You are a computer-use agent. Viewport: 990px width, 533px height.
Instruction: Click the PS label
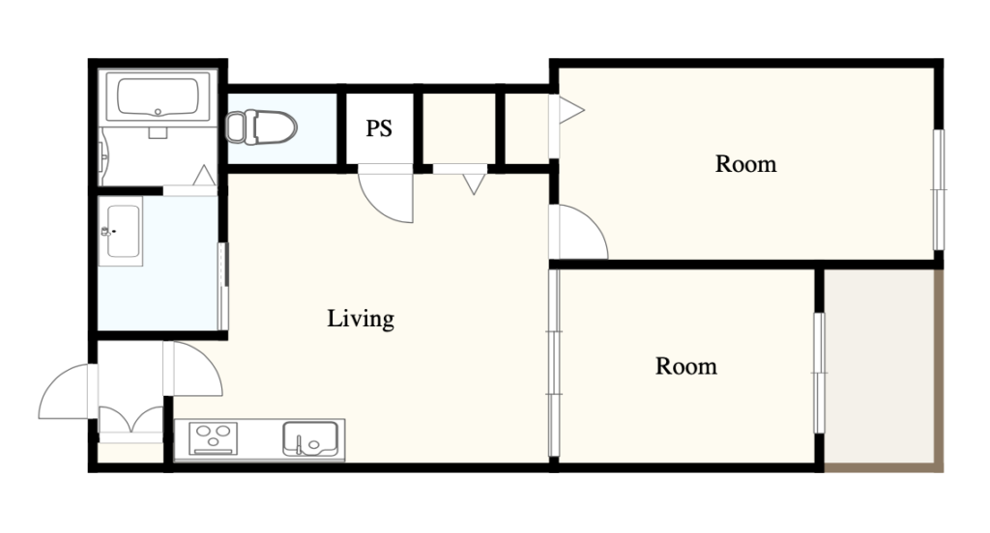click(x=379, y=128)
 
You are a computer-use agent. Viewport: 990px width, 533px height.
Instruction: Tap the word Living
click(x=361, y=319)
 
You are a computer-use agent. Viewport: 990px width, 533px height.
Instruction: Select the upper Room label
click(x=745, y=164)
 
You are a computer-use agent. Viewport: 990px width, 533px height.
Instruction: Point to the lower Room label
click(x=686, y=367)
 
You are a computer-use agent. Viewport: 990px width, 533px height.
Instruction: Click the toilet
click(x=261, y=127)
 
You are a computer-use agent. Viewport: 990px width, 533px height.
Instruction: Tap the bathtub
click(x=158, y=97)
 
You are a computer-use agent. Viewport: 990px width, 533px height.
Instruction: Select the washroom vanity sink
click(x=121, y=231)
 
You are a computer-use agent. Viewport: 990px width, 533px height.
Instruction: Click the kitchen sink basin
click(x=310, y=438)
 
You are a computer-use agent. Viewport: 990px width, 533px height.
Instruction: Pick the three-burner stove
click(x=214, y=438)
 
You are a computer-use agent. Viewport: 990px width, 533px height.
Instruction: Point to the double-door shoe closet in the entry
click(x=131, y=420)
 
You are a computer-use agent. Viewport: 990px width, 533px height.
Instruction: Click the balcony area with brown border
click(x=884, y=370)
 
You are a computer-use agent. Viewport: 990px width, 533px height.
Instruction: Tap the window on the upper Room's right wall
click(x=940, y=189)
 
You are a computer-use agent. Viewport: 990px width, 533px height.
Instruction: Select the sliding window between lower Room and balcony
click(x=819, y=373)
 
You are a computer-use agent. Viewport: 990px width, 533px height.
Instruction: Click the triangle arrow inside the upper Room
click(x=570, y=110)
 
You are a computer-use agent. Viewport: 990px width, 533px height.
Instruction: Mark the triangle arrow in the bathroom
click(x=204, y=176)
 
